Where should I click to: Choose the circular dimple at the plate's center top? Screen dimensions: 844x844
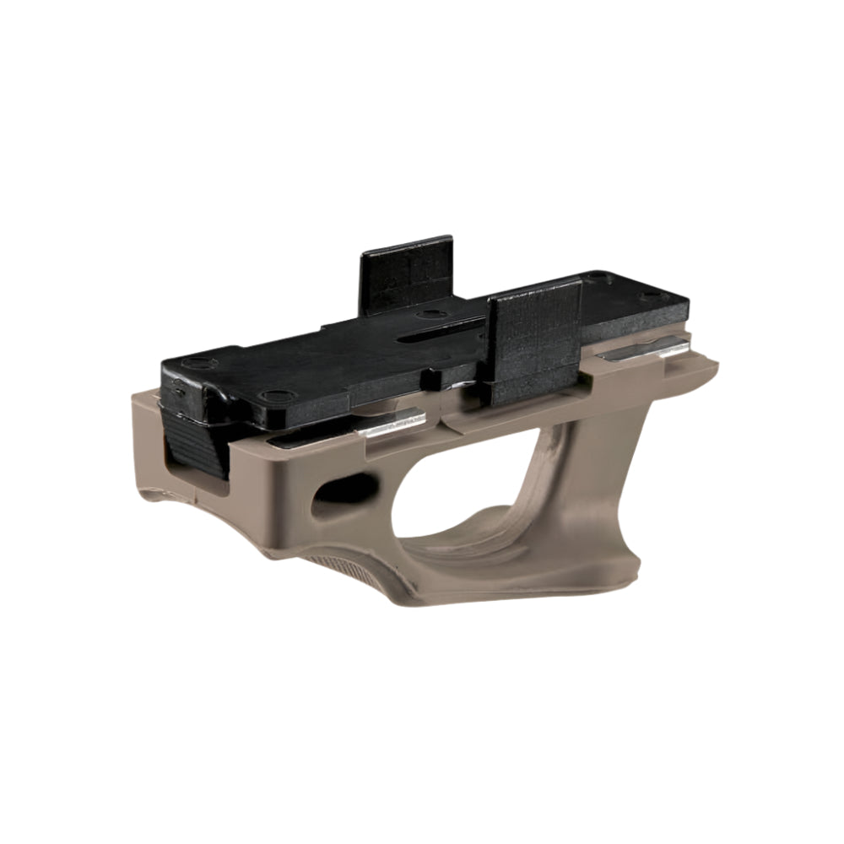(432, 313)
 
